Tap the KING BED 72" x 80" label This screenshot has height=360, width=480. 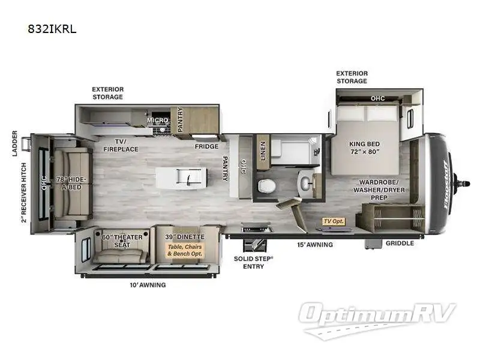click(366, 148)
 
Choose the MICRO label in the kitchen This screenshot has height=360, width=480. click(158, 121)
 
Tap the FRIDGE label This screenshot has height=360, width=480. click(206, 146)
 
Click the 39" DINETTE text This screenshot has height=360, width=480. click(185, 237)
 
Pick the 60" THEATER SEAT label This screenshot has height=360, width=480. click(122, 241)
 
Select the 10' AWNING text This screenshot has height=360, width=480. click(147, 285)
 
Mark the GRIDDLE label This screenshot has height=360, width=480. click(399, 244)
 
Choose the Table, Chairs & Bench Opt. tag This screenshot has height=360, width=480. click(184, 250)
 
